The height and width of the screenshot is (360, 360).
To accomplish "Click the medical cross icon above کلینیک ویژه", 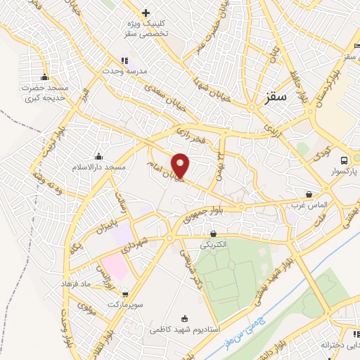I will [146, 13].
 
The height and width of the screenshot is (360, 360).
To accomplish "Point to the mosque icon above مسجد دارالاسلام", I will [98, 156].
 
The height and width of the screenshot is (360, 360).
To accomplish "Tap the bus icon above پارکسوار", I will [343, 160].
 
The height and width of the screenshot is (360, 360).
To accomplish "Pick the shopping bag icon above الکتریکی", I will [213, 233].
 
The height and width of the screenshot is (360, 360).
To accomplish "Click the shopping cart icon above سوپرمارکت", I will [125, 294].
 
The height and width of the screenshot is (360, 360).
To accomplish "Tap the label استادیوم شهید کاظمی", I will [185, 328].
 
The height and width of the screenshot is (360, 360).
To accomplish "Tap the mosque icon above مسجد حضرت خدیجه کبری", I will [45, 77].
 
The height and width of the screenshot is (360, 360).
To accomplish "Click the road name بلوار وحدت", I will [67, 327].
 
